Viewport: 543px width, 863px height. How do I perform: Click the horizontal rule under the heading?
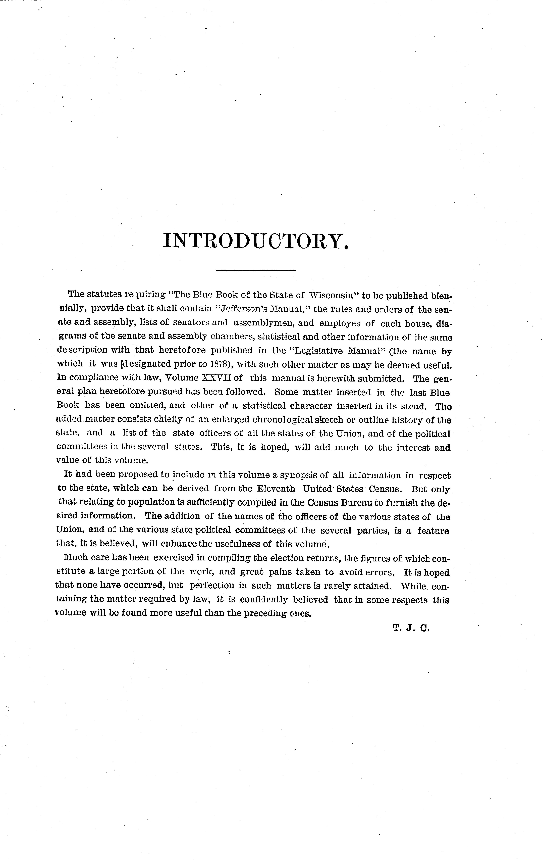[x=256, y=270]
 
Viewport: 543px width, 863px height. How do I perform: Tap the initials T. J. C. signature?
[x=410, y=628]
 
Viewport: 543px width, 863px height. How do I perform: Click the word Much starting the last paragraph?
[x=74, y=558]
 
